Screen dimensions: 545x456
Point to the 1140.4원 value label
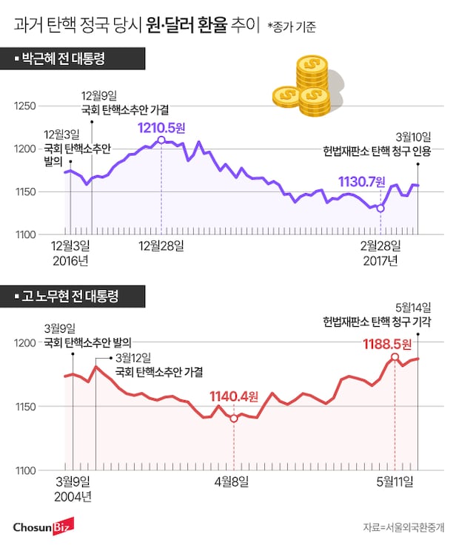pyautogui.click(x=232, y=396)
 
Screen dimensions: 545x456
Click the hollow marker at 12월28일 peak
pyautogui.click(x=161, y=140)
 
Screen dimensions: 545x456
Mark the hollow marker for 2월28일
pyautogui.click(x=380, y=209)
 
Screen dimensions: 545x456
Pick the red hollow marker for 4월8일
pyautogui.click(x=234, y=419)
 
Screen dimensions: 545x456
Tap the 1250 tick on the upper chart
pyautogui.click(x=24, y=106)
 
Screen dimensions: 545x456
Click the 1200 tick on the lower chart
pyautogui.click(x=24, y=342)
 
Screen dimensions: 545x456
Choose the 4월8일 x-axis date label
pyautogui.click(x=233, y=482)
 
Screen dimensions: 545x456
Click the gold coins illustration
pyautogui.click(x=306, y=78)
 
